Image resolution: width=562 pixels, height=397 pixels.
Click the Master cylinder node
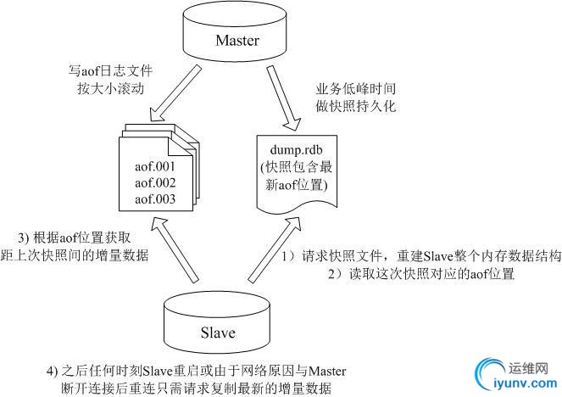(236, 37)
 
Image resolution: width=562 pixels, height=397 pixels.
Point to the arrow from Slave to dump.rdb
(270, 249)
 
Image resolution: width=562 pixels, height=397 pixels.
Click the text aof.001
(154, 165)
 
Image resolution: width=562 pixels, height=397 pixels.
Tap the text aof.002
(154, 182)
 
